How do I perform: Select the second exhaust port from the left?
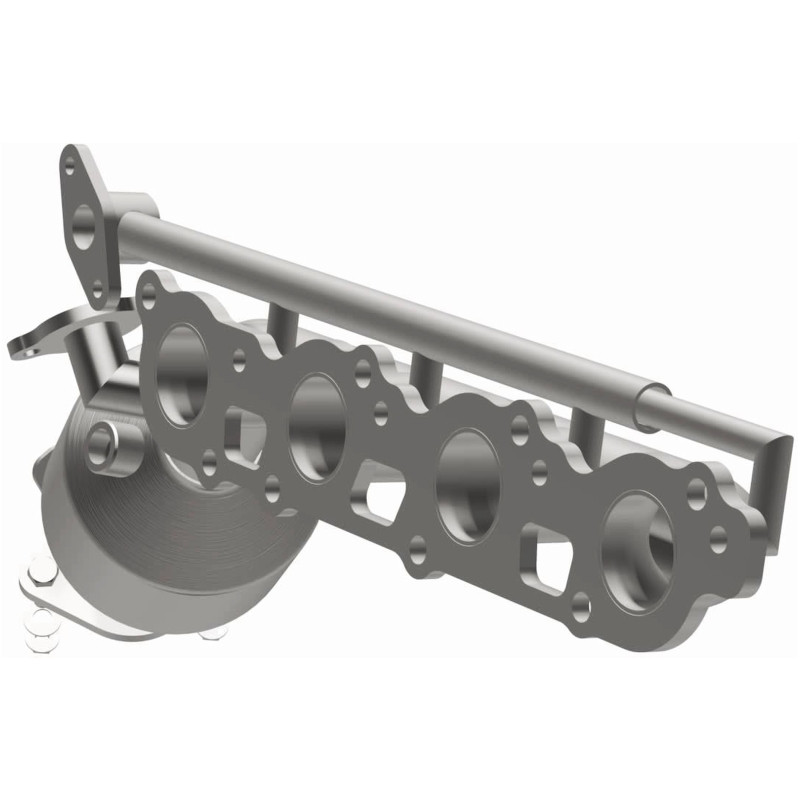(x=317, y=412)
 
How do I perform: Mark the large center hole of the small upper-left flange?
(x=84, y=223)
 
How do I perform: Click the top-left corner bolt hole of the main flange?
(x=150, y=291)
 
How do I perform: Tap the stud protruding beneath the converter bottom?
(x=211, y=633)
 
